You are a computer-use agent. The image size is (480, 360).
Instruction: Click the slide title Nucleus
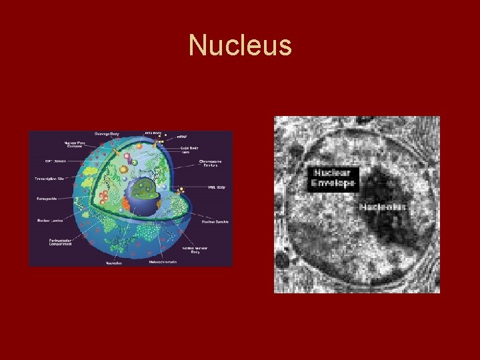coord(240,46)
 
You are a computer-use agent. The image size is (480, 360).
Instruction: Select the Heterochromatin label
coord(163,261)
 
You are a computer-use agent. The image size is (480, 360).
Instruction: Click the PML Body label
coord(216,187)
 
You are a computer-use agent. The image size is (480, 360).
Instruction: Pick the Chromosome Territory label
coord(212,164)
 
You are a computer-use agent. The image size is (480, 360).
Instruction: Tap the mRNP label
coord(181,136)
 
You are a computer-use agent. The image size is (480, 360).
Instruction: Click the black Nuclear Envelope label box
coord(333,178)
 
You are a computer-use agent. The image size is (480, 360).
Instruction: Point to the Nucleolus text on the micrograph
coord(383,207)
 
